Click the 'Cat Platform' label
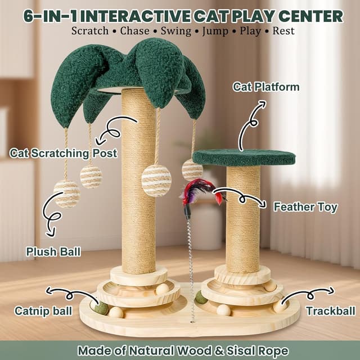[x=266, y=87]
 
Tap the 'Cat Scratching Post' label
[x=63, y=153]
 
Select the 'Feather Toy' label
[x=305, y=207]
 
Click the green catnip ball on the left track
[x=102, y=308]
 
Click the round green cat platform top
[x=244, y=157]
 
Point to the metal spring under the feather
[x=190, y=253]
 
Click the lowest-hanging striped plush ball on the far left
[x=67, y=193]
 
